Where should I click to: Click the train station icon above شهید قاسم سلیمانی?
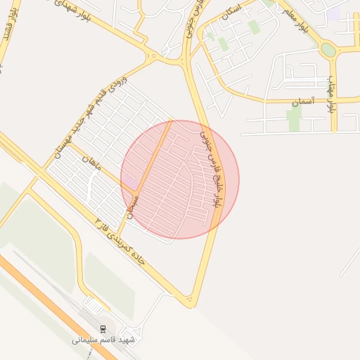pyautogui.click(x=103, y=328)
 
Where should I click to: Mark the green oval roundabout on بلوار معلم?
pyautogui.click(x=328, y=50)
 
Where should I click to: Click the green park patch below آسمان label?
pyautogui.click(x=293, y=120)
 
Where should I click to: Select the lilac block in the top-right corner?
pyautogui.click(x=333, y=13)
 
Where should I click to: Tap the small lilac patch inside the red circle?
pyautogui.click(x=131, y=182)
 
